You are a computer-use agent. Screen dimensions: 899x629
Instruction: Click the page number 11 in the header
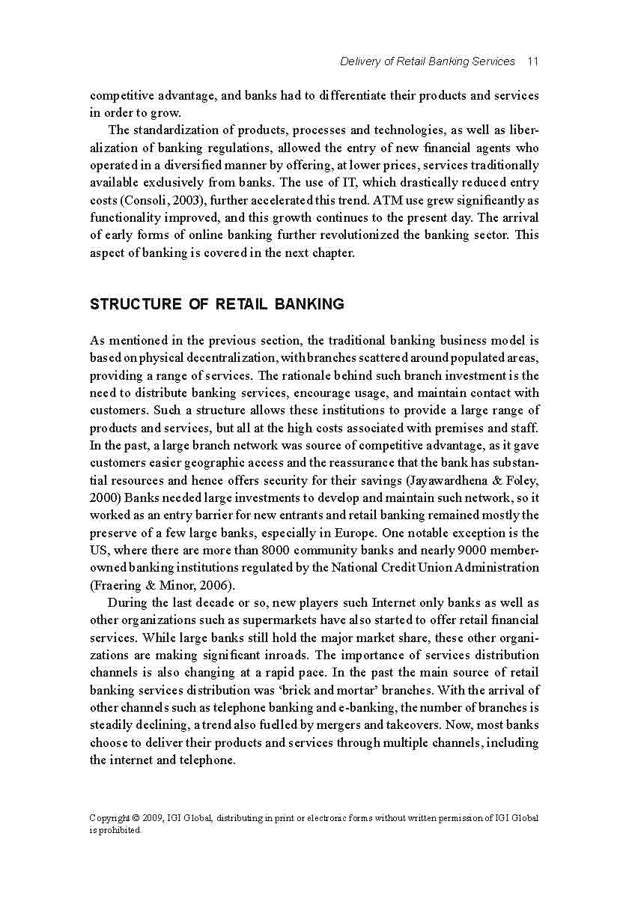tap(532, 61)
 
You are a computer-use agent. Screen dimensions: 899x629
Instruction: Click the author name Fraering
tap(118, 584)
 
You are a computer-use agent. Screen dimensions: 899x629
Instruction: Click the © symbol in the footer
tap(136, 818)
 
